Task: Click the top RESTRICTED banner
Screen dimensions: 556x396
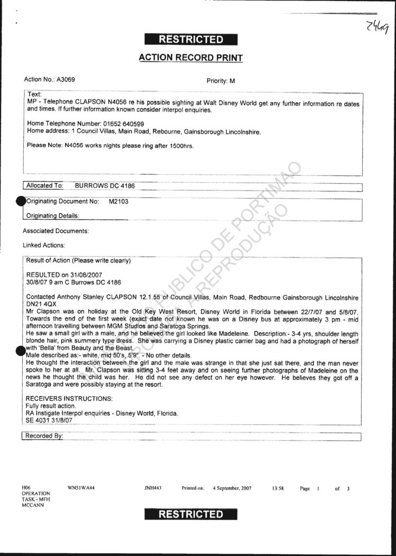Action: coord(191,39)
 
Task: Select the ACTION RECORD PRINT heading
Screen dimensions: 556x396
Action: coord(191,58)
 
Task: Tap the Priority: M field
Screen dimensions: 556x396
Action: coord(221,81)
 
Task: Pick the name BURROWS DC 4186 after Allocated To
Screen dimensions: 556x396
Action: coord(105,186)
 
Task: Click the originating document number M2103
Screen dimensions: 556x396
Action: coord(118,201)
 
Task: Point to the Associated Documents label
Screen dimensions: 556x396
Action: coord(55,231)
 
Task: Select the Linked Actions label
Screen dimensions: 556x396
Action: coord(44,246)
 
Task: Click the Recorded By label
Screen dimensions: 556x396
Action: coord(44,436)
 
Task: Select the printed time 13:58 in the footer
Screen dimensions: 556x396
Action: coord(278,488)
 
